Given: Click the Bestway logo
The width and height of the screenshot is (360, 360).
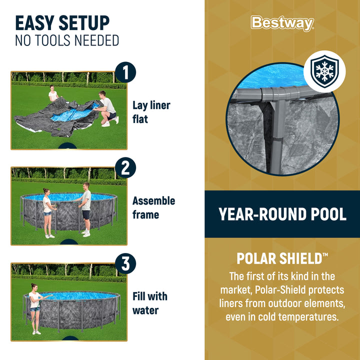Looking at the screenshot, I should click(282, 23).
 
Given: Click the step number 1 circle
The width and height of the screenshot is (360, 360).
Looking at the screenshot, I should click(125, 71).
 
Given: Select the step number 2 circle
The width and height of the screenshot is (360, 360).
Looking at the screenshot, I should click(125, 167).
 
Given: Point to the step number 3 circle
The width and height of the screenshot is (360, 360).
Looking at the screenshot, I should click(125, 263).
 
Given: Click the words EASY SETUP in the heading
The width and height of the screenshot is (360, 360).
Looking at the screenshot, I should click(62, 23).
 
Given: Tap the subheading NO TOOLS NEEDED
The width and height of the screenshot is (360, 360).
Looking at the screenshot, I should click(67, 40).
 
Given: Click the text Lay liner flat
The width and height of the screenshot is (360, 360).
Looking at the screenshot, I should click(151, 112).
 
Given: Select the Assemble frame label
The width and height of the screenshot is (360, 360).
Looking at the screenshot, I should click(153, 207).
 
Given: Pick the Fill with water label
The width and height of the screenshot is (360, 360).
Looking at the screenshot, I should click(149, 303).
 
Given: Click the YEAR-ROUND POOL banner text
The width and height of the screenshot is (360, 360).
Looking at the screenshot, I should click(282, 214).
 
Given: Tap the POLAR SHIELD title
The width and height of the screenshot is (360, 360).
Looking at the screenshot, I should click(282, 258).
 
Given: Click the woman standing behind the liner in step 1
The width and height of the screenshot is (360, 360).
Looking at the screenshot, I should click(53, 94).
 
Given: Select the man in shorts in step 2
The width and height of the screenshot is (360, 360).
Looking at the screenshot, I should click(86, 209).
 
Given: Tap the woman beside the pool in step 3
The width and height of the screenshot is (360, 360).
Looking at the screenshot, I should click(35, 308).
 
